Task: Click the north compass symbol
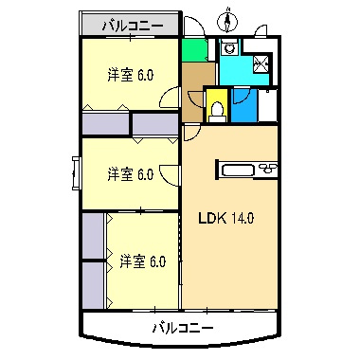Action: coord(227,18)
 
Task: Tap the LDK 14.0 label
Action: coord(225,217)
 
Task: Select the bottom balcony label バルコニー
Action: coord(183,328)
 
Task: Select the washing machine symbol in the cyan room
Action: coord(229,51)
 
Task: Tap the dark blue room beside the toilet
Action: coord(243,105)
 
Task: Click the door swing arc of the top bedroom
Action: coord(168,96)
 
